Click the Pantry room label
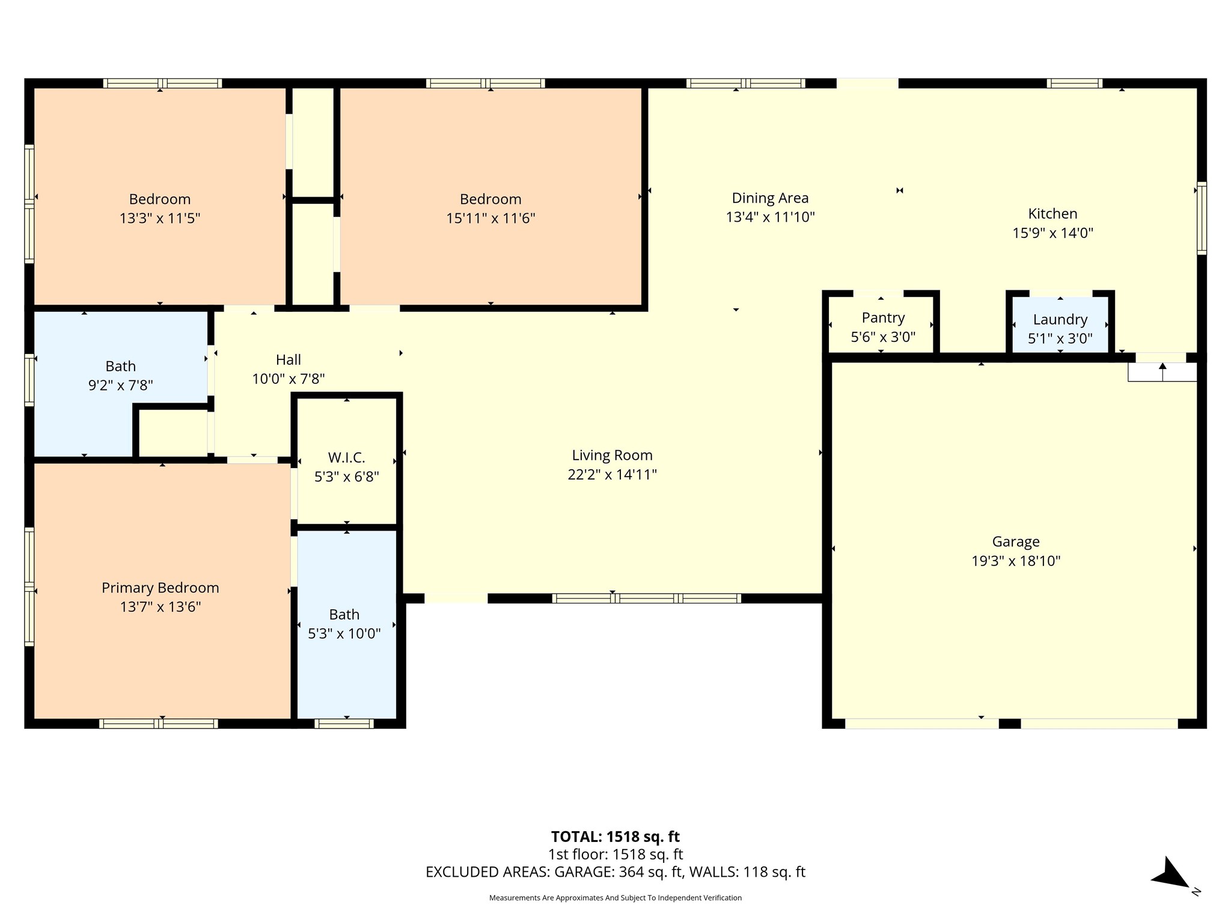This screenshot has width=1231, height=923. (x=882, y=318)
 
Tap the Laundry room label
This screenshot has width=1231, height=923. (x=1060, y=320)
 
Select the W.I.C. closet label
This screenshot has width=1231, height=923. (x=346, y=458)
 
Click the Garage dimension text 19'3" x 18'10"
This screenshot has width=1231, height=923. (x=1015, y=561)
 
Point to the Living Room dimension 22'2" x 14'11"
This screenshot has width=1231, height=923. (x=612, y=475)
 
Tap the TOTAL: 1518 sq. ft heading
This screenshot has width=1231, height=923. (x=615, y=836)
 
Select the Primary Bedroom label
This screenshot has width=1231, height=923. (x=160, y=588)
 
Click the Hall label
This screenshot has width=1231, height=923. (x=288, y=360)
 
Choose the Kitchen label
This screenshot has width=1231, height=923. (x=1052, y=214)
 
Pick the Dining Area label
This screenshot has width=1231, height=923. (x=769, y=198)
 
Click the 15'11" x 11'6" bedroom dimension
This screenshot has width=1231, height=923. (x=490, y=218)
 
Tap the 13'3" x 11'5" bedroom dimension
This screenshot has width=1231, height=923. (x=159, y=218)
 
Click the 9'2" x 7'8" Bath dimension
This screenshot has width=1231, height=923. (x=120, y=385)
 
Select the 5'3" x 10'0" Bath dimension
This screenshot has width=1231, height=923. (x=344, y=633)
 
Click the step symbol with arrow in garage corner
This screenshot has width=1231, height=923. (x=1162, y=372)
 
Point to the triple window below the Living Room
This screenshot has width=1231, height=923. (x=646, y=599)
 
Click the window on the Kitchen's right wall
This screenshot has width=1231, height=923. (x=1201, y=218)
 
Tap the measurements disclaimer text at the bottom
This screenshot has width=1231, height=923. (x=615, y=898)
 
